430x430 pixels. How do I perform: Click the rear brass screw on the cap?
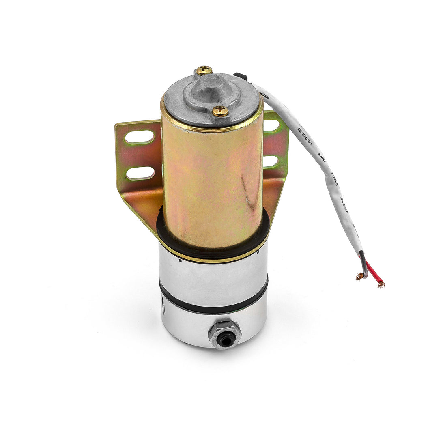pyautogui.click(x=204, y=71)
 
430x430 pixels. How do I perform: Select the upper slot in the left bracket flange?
pyautogui.click(x=140, y=137)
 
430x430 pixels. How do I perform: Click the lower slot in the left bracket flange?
pyautogui.click(x=140, y=173)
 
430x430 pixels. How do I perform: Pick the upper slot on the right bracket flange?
pyautogui.click(x=271, y=126)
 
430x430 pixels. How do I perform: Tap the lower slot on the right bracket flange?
pyautogui.click(x=271, y=161)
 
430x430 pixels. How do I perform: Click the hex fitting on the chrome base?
pyautogui.click(x=225, y=335)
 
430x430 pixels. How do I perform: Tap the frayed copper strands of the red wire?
pyautogui.click(x=381, y=284)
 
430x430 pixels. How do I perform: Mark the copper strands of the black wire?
pyautogui.click(x=360, y=276)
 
